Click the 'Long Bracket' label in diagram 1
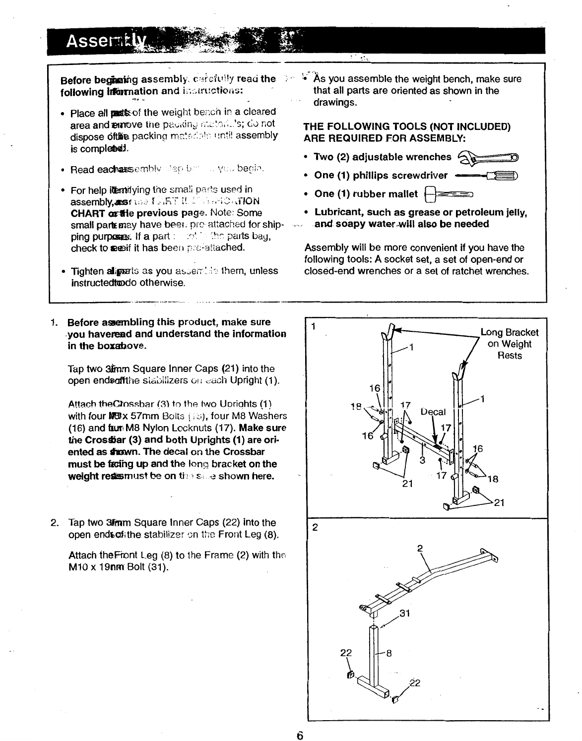tap(510, 333)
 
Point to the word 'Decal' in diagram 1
tap(433, 412)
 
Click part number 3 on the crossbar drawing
tap(422, 460)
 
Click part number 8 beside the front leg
tap(389, 653)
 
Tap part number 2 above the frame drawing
tap(419, 549)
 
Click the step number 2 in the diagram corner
tap(314, 527)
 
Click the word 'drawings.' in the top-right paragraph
tap(331, 103)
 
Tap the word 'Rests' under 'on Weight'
tap(510, 356)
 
